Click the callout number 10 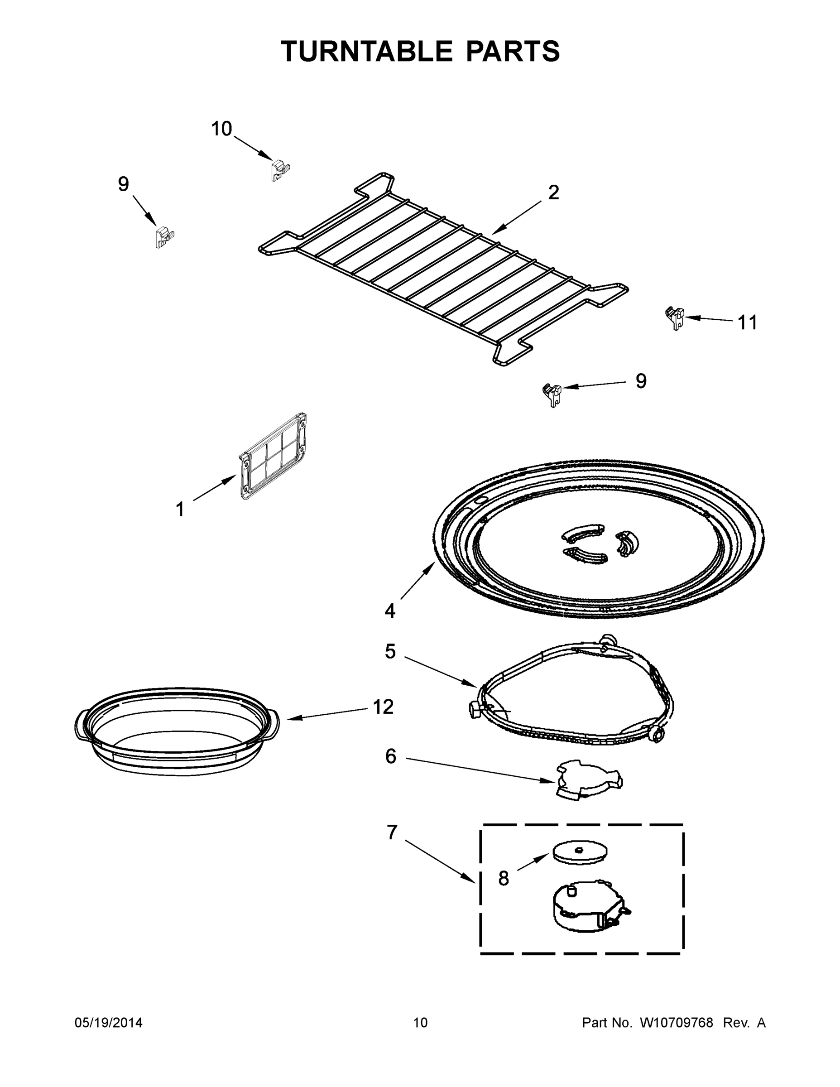221,129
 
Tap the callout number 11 747,322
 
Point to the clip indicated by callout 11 675,317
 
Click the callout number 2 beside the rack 554,192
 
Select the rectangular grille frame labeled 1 273,456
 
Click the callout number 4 389,611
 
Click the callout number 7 392,832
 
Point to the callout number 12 383,707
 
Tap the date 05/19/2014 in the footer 109,1022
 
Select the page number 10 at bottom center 420,1022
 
